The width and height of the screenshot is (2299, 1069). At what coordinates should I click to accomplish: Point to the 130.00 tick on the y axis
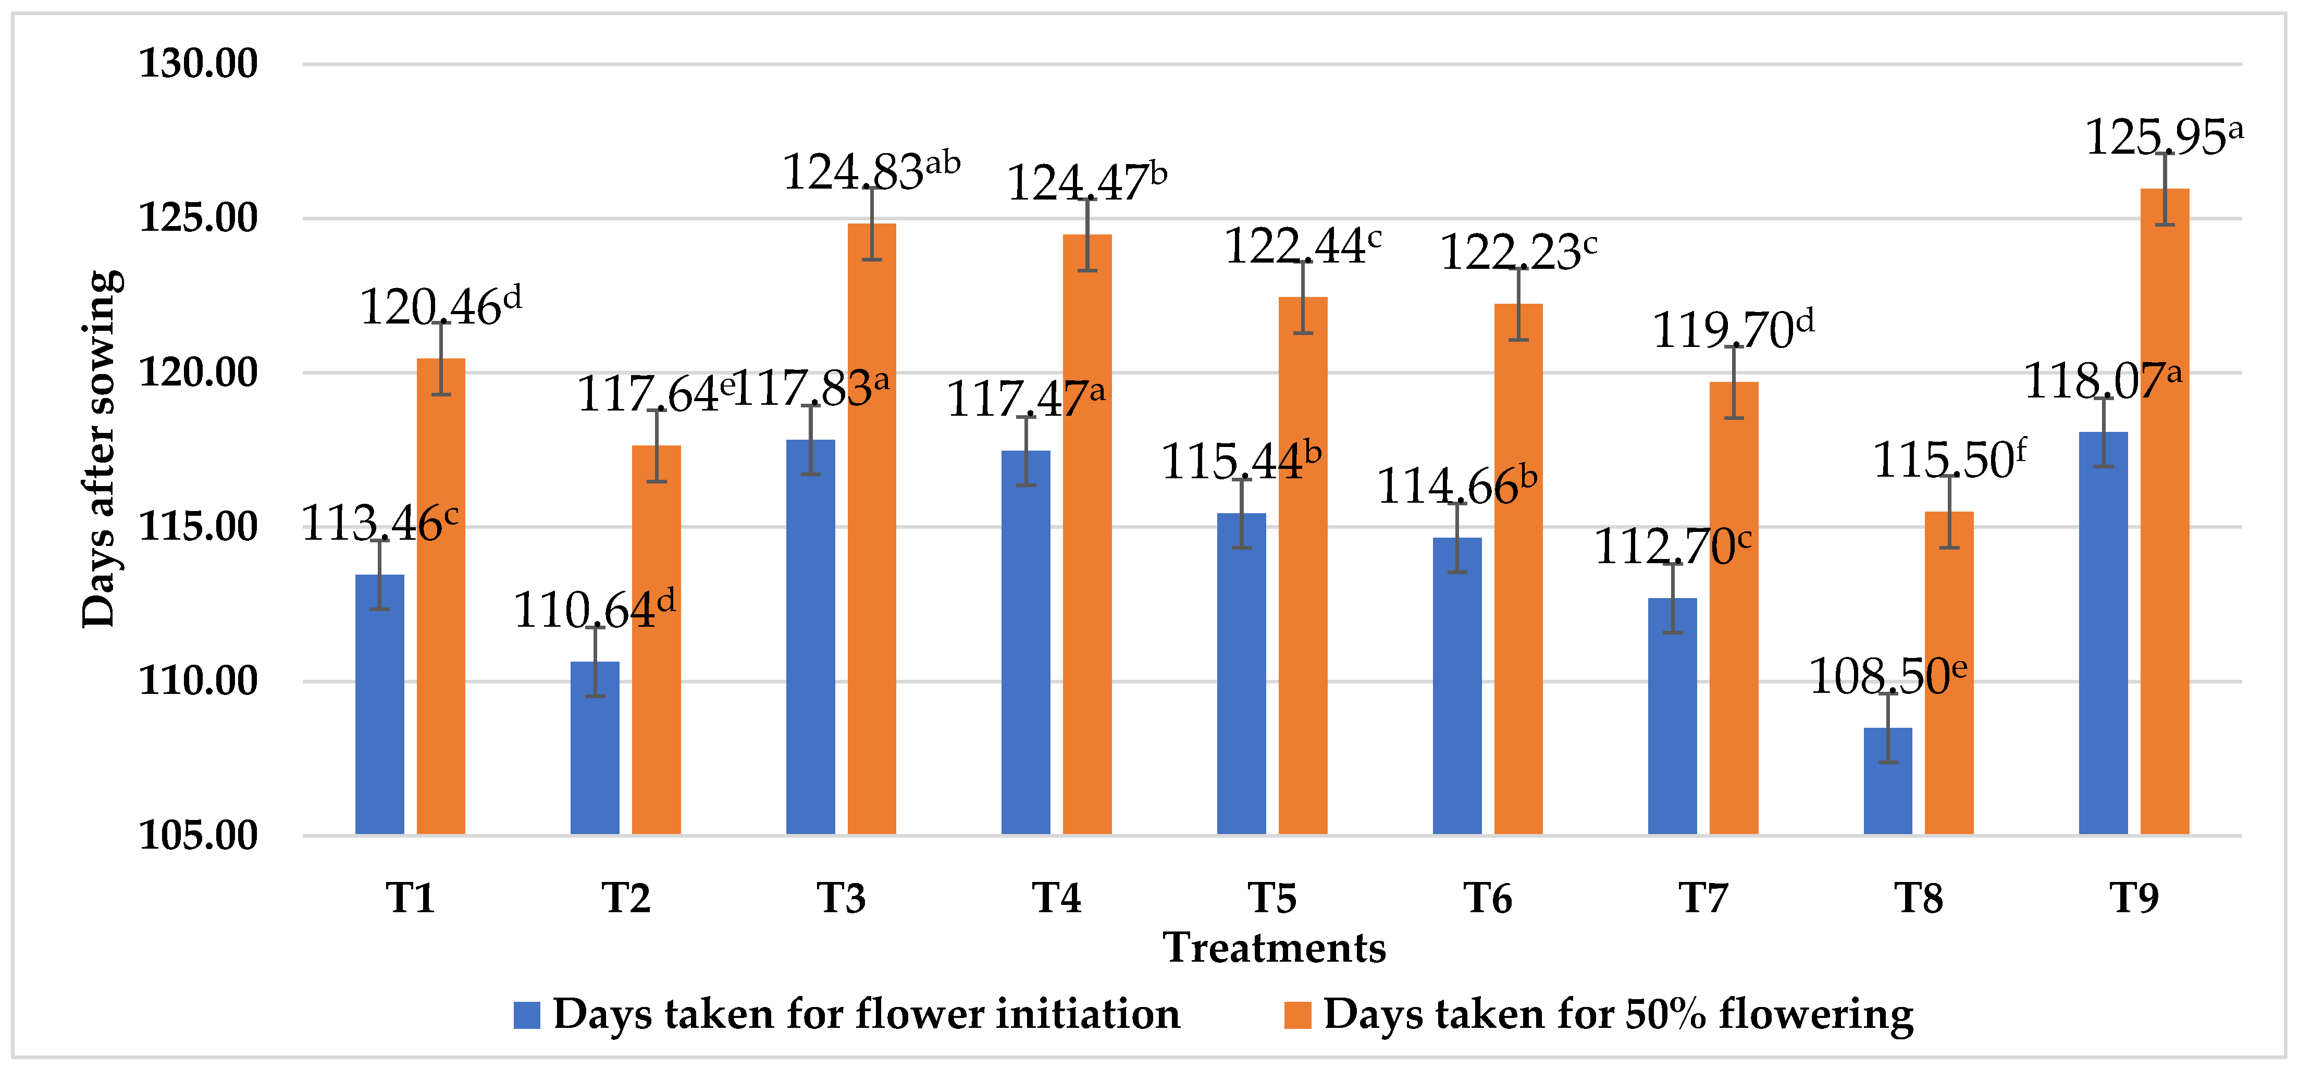[198, 64]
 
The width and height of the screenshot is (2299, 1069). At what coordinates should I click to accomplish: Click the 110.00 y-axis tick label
[198, 681]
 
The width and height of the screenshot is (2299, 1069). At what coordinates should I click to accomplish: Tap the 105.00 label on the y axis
[198, 835]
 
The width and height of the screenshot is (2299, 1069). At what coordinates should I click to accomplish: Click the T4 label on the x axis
[1057, 898]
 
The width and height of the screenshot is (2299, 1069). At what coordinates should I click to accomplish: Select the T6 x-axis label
[1488, 898]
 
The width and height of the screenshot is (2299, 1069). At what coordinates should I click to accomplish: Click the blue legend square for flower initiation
[527, 1015]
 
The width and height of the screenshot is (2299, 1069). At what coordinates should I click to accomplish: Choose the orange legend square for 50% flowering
[1297, 1015]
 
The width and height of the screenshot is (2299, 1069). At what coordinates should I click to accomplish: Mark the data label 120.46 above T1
[440, 306]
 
